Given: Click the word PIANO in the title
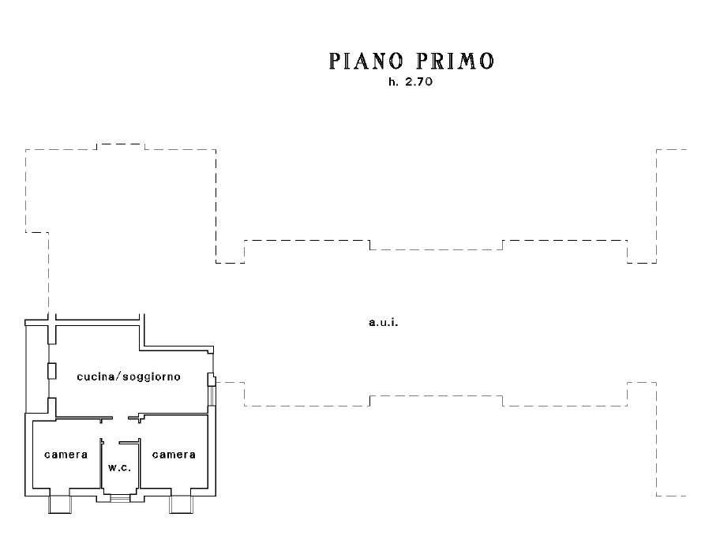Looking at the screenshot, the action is click(366, 61).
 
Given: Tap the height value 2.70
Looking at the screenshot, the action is click(418, 82).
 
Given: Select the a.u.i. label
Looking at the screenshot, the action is click(384, 322).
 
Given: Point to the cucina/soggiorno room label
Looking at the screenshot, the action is click(129, 377).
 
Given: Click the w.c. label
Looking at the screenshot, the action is click(119, 467).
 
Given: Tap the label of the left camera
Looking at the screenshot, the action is click(66, 455).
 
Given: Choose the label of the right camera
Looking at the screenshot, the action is click(174, 455).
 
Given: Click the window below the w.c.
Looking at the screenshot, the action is click(119, 497).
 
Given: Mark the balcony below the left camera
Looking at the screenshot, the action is click(60, 504).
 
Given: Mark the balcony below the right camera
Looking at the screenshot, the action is click(181, 504).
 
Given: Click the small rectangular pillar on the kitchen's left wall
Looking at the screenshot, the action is click(51, 371).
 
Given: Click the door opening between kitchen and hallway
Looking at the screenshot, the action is click(120, 418).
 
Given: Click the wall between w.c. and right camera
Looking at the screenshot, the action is click(140, 464).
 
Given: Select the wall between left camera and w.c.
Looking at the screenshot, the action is click(101, 464).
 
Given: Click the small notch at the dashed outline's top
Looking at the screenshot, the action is click(121, 144).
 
